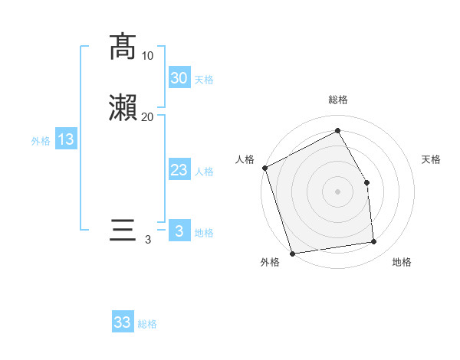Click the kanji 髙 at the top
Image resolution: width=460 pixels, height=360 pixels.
(x=123, y=47)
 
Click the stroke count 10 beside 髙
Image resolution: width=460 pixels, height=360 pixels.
(x=148, y=56)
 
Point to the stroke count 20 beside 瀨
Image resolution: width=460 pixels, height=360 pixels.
(x=148, y=116)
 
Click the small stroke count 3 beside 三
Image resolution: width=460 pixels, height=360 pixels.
(x=148, y=240)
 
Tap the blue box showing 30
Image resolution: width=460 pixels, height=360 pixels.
(x=179, y=77)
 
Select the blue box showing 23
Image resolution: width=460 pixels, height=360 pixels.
(x=179, y=170)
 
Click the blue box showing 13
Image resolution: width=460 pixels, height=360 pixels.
(x=65, y=139)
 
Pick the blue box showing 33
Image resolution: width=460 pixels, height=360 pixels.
(x=123, y=322)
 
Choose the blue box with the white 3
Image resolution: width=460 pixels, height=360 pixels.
(x=179, y=231)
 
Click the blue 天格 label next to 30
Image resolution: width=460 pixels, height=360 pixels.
(x=204, y=80)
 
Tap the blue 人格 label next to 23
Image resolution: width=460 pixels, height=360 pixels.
(x=204, y=172)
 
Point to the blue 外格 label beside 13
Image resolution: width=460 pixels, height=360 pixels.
(x=41, y=141)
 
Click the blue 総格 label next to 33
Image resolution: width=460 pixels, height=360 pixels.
(x=147, y=324)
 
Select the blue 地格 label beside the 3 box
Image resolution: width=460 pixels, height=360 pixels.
(x=204, y=233)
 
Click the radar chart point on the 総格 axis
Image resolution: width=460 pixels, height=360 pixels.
(x=337, y=130)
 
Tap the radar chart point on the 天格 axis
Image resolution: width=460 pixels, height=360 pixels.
(x=367, y=182)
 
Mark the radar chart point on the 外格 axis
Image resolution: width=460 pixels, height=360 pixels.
(x=292, y=252)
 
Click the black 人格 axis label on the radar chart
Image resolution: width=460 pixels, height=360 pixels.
(x=245, y=159)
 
